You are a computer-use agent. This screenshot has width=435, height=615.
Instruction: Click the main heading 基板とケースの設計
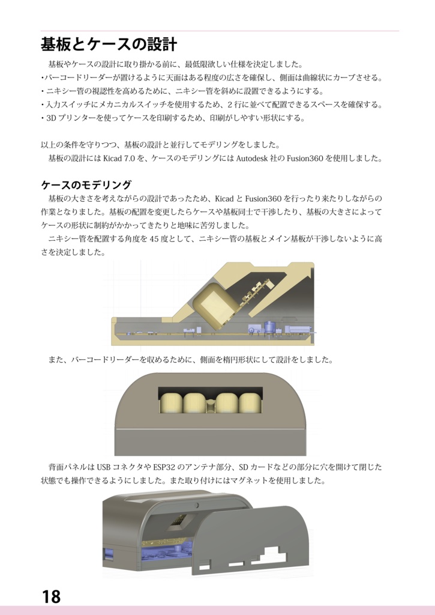109,44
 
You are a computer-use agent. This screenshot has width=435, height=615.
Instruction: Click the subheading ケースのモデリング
86,184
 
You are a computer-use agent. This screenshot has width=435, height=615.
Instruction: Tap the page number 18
51,596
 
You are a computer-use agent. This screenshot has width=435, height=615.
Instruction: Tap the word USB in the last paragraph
104,467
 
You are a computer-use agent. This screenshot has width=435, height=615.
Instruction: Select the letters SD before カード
244,467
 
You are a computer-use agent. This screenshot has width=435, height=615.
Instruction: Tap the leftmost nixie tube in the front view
170,402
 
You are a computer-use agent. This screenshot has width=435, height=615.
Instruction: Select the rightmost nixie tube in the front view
251,402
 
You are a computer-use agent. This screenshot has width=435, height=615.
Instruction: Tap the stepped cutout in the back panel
274,556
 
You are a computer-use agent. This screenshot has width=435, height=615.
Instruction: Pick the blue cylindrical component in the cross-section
270,327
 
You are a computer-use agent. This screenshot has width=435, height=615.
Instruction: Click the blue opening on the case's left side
108,556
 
